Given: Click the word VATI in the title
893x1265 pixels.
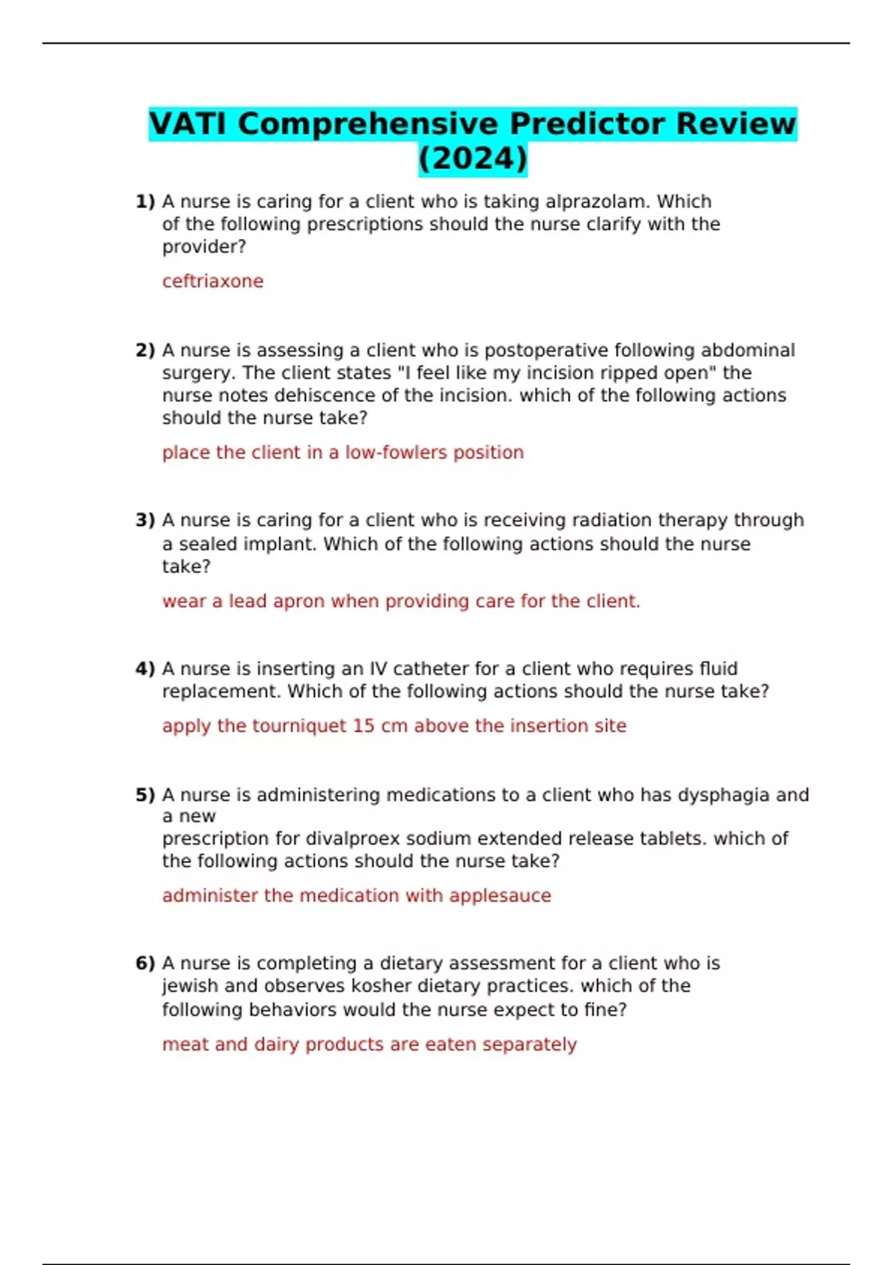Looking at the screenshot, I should click(x=188, y=124).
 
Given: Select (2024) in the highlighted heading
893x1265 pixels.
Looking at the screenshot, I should click(x=473, y=158).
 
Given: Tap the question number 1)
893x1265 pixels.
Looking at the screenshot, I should click(x=145, y=202).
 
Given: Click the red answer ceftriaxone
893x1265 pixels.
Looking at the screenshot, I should click(x=213, y=281).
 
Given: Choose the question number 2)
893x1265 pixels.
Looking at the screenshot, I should click(x=145, y=350).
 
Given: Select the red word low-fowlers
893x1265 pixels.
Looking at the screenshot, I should click(x=396, y=452).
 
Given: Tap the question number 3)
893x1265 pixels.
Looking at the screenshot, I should click(x=145, y=520).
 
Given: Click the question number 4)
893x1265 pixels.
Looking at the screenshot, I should click(x=145, y=669).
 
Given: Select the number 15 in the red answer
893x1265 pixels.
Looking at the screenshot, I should click(x=363, y=726).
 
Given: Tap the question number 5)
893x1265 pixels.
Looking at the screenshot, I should click(x=145, y=795).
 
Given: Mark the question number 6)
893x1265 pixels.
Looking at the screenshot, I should click(x=145, y=964).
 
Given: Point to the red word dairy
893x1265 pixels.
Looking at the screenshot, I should click(x=277, y=1045).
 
